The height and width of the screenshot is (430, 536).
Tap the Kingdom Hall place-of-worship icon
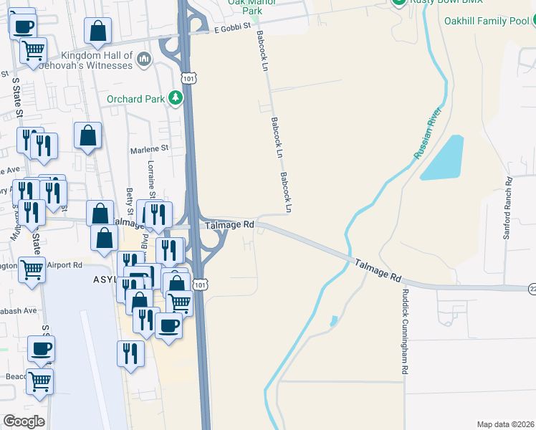point(144,59)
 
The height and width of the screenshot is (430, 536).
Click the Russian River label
point(430,133)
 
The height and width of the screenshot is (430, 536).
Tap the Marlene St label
point(148,150)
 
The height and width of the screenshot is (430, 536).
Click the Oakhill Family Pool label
point(485,21)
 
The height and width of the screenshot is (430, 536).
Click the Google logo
point(24,421)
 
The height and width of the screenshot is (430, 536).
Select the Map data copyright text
point(505,424)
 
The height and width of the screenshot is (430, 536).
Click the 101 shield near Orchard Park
point(188,77)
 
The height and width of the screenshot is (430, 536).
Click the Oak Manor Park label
point(245,6)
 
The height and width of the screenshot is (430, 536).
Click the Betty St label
point(130,201)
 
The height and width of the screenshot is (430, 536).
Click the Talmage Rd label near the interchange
point(230,225)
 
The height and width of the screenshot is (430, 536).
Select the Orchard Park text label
point(135,99)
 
